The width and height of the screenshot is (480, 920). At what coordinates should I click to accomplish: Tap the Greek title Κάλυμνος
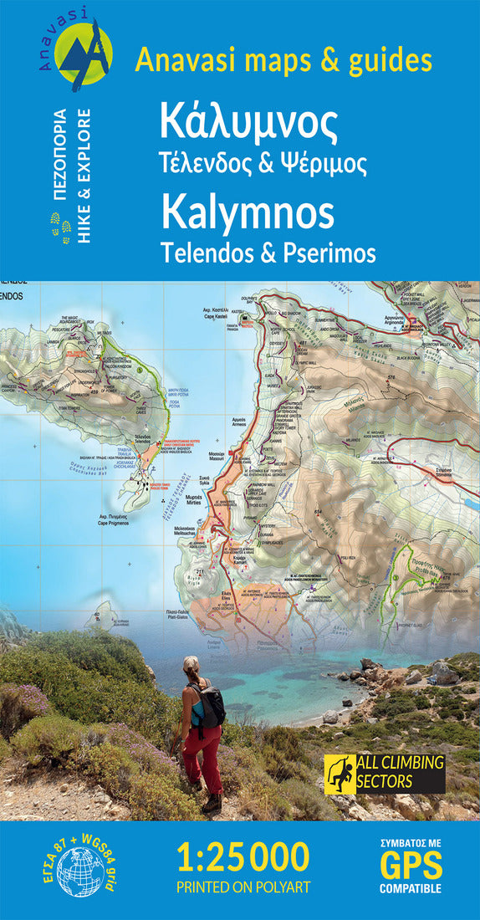point(248,124)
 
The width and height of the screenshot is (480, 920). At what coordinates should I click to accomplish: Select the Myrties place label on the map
point(194,498)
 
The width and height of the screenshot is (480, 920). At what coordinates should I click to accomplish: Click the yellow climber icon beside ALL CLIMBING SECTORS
point(340,772)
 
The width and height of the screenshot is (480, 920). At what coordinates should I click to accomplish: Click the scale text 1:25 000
point(243,856)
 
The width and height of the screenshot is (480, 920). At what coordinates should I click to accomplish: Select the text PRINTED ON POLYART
point(243,886)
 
